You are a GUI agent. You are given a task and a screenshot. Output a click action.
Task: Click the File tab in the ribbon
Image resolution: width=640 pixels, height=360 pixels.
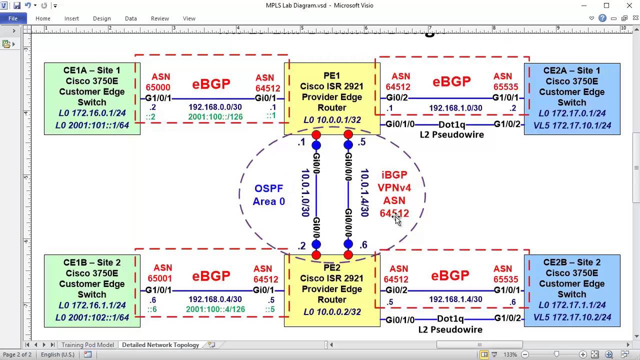pos(12,18)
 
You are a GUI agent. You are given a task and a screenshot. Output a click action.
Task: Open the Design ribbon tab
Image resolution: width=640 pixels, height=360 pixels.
pos(101,18)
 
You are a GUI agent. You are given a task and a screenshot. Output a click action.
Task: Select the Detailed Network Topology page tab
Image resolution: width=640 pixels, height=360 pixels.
pos(160,345)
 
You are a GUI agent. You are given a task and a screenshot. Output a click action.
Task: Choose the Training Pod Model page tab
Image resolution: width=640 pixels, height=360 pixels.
pos(87,345)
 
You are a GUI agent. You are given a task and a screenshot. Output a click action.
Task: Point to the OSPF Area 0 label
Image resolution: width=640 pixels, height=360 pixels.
pos(269,195)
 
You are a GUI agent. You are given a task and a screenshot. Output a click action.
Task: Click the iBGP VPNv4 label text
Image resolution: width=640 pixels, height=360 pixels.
pos(394,181)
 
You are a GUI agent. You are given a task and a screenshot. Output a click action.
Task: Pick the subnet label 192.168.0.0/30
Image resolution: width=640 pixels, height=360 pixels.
pos(215,107)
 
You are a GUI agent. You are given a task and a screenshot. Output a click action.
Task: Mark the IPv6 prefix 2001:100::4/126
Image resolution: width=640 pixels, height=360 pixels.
pos(215,309)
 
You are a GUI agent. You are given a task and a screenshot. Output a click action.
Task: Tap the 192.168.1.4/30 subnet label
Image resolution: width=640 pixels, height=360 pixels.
pos(455,299)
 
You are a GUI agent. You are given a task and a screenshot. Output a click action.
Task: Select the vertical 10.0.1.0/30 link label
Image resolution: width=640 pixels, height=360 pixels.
pos(305,192)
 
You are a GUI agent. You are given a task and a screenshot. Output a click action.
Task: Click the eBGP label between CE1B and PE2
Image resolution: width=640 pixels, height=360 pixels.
pos(211,276)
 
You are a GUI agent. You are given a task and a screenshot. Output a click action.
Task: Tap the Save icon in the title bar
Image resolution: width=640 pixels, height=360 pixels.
pos(17,5)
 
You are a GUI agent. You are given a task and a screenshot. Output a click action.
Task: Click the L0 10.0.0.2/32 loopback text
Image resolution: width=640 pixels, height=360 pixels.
pos(331,312)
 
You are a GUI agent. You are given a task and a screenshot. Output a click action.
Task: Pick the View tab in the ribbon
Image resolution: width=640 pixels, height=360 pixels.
pos(189,18)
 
